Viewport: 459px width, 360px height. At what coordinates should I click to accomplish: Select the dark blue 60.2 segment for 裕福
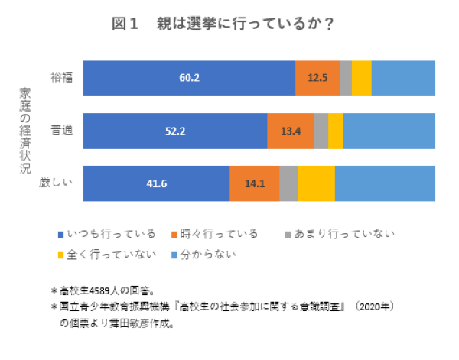[x=189, y=78]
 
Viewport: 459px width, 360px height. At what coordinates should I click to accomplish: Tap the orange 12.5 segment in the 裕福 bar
[x=317, y=78]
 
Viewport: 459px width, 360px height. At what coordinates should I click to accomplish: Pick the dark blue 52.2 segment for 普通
[x=175, y=131]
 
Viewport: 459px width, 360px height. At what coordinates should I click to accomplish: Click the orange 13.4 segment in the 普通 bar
[x=291, y=131]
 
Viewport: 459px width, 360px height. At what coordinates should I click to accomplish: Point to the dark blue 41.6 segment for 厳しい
[x=156, y=183]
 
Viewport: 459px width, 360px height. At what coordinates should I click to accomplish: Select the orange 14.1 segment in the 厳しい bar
[x=254, y=183]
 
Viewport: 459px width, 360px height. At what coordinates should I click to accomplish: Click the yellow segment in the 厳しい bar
[x=316, y=183]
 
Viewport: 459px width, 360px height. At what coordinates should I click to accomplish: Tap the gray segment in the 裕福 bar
[x=346, y=78]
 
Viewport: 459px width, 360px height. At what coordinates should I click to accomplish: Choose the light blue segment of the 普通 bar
[x=389, y=131]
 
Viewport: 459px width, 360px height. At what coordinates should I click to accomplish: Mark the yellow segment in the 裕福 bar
[x=362, y=78]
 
